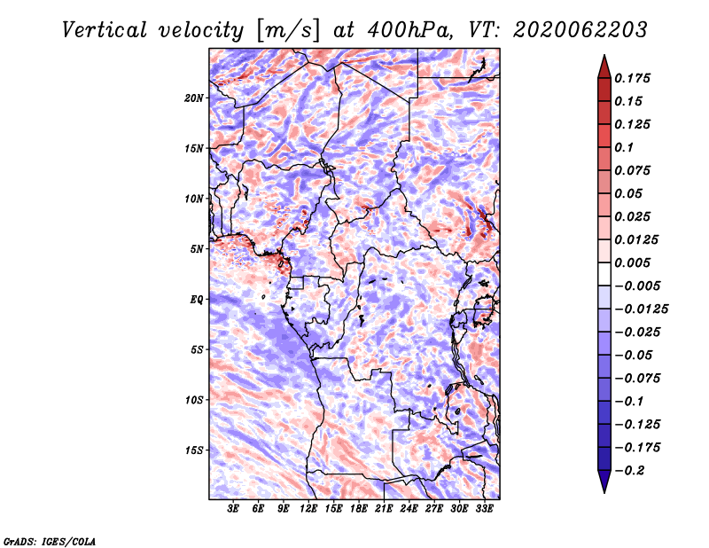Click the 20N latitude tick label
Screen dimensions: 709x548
pyautogui.click(x=194, y=98)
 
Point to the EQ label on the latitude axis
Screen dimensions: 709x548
pyautogui.click(x=197, y=300)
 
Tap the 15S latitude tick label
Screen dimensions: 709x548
pyautogui.click(x=194, y=450)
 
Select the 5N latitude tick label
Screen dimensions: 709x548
pyautogui.click(x=197, y=249)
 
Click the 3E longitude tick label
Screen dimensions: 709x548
pyautogui.click(x=233, y=509)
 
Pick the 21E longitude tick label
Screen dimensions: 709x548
pyautogui.click(x=384, y=509)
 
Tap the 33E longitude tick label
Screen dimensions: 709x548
pyautogui.click(x=484, y=509)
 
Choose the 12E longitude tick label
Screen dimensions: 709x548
pyautogui.click(x=308, y=509)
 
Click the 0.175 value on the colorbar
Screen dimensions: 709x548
pyautogui.click(x=632, y=78)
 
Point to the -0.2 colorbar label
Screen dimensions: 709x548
pyautogui.click(x=629, y=471)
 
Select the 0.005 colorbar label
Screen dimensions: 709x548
pyautogui.click(x=632, y=262)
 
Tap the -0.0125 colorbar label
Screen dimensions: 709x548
pyautogui.click(x=641, y=309)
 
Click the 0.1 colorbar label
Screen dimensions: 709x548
pyautogui.click(x=624, y=147)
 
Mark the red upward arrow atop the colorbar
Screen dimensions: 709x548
pyautogui.click(x=604, y=67)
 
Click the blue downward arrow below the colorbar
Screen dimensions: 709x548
pyautogui.click(x=604, y=481)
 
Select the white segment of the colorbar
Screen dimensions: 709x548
pyautogui.click(x=604, y=274)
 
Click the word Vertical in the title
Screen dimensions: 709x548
pyautogui.click(x=105, y=30)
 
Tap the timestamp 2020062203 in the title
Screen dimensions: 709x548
pyautogui.click(x=580, y=30)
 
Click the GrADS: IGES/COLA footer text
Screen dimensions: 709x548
pyautogui.click(x=50, y=541)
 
